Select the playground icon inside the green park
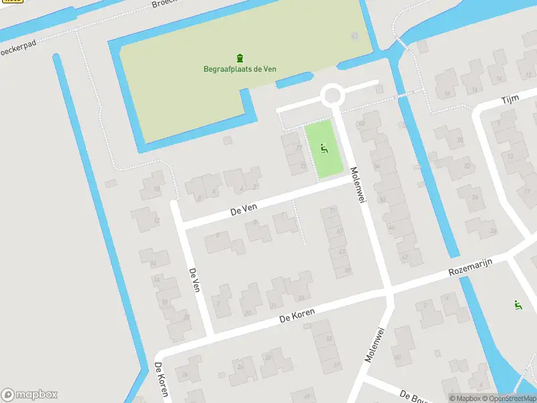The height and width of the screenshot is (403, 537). coord(324,148)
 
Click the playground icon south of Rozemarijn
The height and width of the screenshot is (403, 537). coord(518,305)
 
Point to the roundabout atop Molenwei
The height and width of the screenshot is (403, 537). coord(332,95)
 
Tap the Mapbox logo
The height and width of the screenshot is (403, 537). coord(29,395)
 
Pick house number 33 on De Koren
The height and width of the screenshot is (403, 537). coord(301,298)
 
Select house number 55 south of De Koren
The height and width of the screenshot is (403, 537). coord(329,339)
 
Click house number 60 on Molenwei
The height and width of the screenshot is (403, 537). coord(360,124)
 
